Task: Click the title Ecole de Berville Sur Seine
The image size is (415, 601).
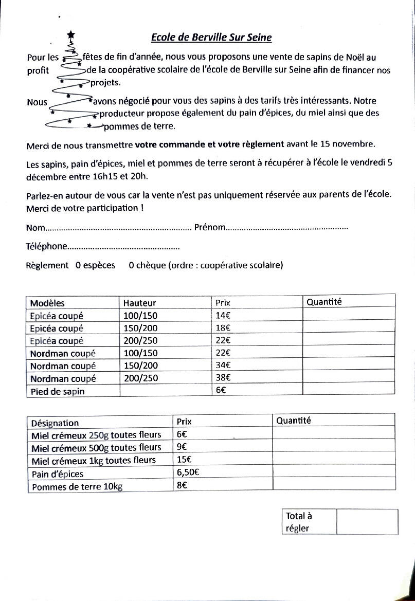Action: (x=211, y=38)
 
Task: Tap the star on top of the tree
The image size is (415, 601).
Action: (x=71, y=34)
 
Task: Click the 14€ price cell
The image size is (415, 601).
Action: (x=223, y=316)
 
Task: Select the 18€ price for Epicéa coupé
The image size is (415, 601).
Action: (x=223, y=328)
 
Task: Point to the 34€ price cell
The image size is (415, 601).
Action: (x=223, y=366)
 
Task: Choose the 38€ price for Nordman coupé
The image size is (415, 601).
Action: (x=223, y=378)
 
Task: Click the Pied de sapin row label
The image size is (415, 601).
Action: (x=57, y=391)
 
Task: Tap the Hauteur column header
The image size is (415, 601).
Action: (x=139, y=303)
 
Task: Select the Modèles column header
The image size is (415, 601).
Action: (x=47, y=303)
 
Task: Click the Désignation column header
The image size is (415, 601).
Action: (x=55, y=423)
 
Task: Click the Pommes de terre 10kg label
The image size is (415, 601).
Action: (x=77, y=486)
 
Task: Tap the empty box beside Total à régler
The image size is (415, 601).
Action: (x=367, y=522)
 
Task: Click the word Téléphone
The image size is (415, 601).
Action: (x=47, y=246)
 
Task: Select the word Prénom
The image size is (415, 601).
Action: (x=210, y=227)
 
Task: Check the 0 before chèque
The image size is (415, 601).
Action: (x=132, y=265)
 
